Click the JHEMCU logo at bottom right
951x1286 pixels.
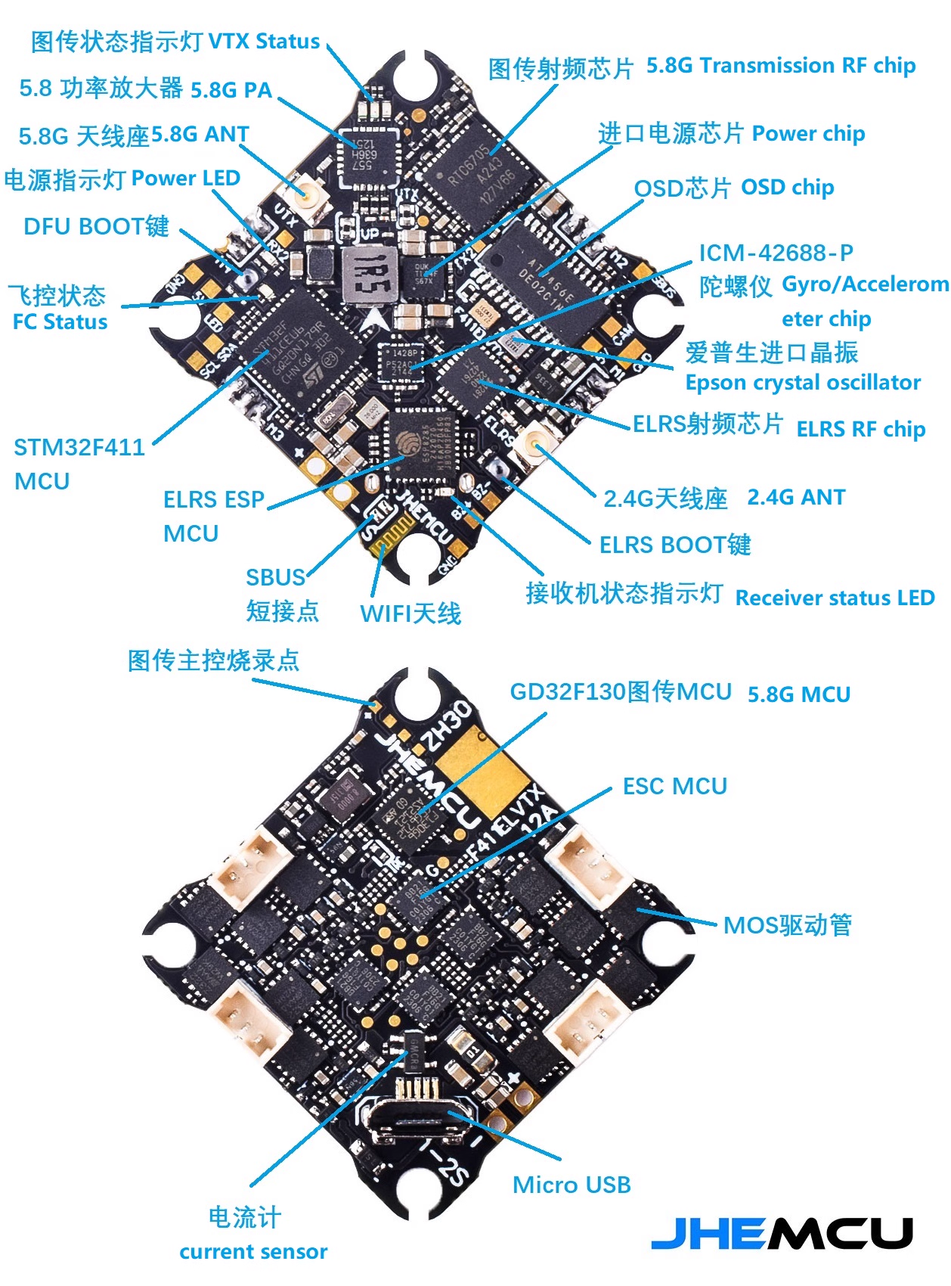pyautogui.click(x=782, y=1234)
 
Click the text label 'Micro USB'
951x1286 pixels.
pyautogui.click(x=572, y=1185)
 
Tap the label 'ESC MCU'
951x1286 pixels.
pyautogui.click(x=674, y=787)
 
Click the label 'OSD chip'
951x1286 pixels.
pyautogui.click(x=787, y=188)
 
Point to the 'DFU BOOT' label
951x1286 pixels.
pyautogui.click(x=96, y=226)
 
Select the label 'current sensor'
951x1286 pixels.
pyautogui.click(x=253, y=1252)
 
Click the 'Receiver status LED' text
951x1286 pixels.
pyautogui.click(x=835, y=598)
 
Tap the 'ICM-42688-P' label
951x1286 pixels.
pyautogui.click(x=776, y=253)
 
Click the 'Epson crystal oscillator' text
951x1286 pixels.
pyautogui.click(x=803, y=383)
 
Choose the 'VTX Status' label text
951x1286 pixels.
pyautogui.click(x=264, y=41)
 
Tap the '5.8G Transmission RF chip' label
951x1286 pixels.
pyautogui.click(x=781, y=66)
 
